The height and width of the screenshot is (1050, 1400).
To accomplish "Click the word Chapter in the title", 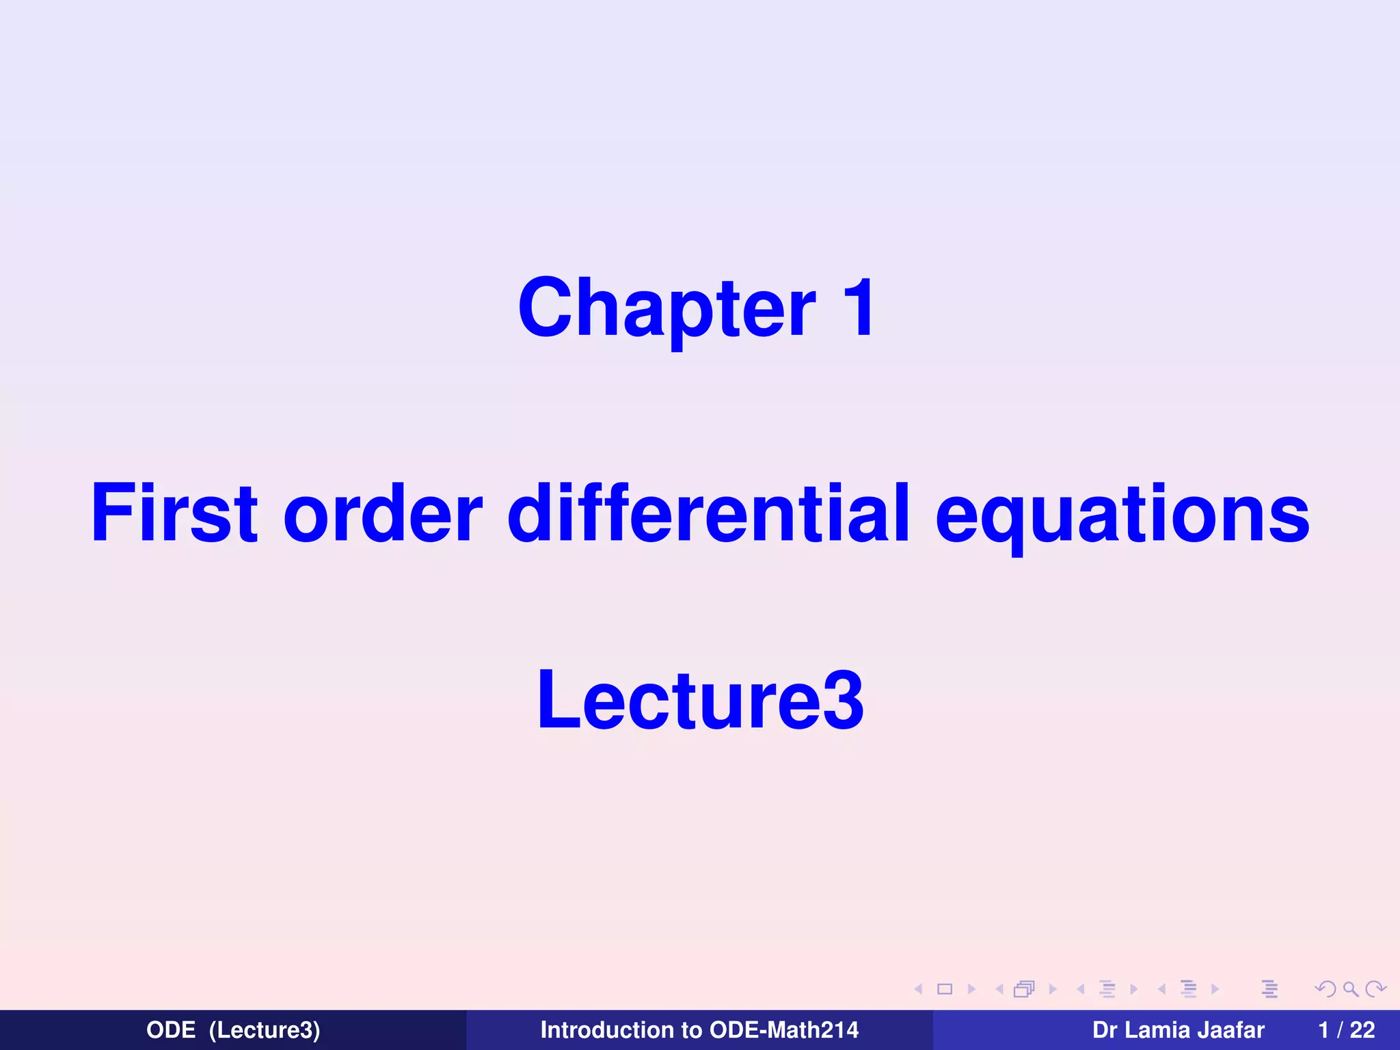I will (x=667, y=309).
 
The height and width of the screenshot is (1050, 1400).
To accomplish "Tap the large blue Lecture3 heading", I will (x=700, y=700).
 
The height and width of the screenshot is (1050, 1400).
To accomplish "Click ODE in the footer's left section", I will (x=171, y=1029).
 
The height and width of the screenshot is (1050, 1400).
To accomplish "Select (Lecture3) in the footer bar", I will (x=265, y=1030).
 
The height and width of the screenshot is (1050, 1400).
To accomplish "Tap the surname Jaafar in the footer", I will (x=1230, y=1029).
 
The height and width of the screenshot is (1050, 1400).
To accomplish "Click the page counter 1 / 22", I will (x=1346, y=1029).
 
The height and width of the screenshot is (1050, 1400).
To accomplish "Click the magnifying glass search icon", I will (x=1350, y=989).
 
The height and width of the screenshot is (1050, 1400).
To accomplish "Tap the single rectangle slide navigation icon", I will (x=945, y=989).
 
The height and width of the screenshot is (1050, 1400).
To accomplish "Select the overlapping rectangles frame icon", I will (x=1025, y=989).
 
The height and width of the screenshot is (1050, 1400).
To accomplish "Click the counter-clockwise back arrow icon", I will (x=1325, y=989).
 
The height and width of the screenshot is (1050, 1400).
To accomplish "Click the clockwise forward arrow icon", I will (x=1375, y=989).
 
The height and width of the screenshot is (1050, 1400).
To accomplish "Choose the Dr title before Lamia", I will (x=1104, y=1029).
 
